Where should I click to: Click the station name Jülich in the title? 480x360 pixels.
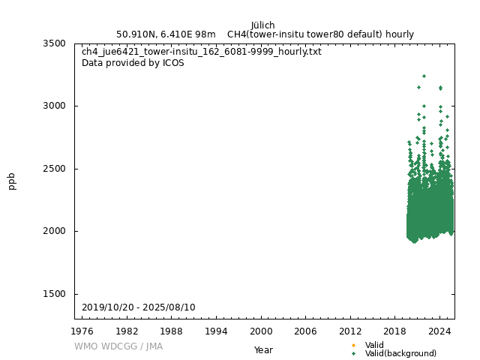pos(262,25)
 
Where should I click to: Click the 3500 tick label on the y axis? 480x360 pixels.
pos(55,43)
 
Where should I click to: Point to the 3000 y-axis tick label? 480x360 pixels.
pos(55,106)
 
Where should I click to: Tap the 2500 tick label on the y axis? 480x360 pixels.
pos(55,169)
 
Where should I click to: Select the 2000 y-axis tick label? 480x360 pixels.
pos(55,231)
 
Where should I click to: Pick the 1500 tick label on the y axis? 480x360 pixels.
pos(55,294)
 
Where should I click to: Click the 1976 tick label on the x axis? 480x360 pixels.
pos(82,331)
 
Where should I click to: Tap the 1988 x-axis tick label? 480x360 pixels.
pos(172,331)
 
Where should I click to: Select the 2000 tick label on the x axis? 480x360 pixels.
pos(261,331)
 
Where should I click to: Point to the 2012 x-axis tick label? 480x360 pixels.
pos(350,331)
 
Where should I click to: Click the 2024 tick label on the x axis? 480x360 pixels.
pos(439,331)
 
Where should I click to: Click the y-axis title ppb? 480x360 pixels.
pos(12,181)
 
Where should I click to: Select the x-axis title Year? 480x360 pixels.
pos(263,349)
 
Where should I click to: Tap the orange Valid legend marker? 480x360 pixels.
pos(353,345)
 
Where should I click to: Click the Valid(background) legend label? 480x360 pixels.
pos(400,353)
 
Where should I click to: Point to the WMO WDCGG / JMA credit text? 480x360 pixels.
pos(118,346)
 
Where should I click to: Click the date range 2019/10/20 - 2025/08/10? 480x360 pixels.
pos(139,307)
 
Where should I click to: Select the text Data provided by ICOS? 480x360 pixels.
pos(133,63)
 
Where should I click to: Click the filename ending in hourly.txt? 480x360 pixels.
pos(202,52)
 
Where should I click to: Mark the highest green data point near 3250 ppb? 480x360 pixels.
pos(424,76)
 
